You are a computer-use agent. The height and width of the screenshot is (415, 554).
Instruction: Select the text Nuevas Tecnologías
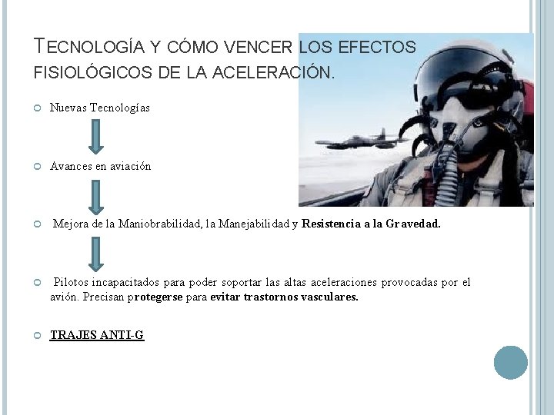[100, 108]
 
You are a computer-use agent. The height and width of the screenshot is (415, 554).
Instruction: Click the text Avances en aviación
[101, 166]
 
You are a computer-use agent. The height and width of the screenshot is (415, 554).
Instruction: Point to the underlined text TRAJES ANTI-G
[97, 335]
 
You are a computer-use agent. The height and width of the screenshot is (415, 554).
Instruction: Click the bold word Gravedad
[413, 224]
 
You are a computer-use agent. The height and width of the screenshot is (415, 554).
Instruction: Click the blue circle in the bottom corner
[511, 362]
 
